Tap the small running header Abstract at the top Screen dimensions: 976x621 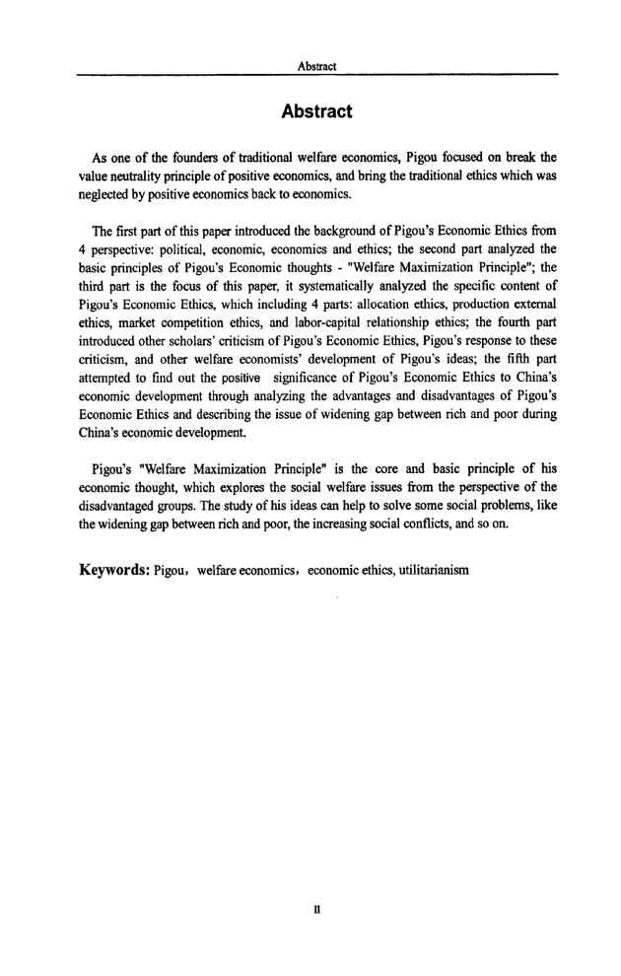point(316,65)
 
